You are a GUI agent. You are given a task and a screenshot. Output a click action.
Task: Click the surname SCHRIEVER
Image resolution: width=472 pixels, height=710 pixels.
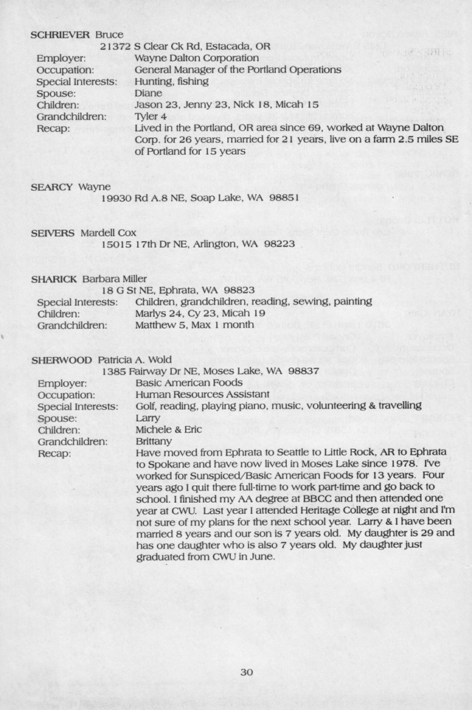(60, 35)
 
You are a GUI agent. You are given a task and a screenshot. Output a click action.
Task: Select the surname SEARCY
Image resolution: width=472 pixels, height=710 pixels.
(52, 187)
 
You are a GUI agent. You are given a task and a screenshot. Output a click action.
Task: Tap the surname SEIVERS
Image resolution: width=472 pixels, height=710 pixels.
(52, 233)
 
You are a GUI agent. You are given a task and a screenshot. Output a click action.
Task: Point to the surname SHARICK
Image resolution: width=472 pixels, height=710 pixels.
(54, 279)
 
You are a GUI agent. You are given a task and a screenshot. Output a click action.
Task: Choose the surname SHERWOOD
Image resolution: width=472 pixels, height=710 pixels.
(60, 360)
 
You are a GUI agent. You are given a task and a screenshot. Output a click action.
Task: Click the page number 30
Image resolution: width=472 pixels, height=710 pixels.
(246, 671)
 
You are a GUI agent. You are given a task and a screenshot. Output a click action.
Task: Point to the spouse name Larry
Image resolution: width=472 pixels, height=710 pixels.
(148, 417)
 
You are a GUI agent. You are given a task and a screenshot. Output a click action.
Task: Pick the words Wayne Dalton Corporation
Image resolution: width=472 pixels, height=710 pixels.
(196, 58)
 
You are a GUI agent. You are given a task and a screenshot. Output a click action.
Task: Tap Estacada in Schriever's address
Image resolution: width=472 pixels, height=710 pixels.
(225, 46)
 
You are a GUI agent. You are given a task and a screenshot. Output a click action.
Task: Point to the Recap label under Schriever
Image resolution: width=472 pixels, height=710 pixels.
(53, 129)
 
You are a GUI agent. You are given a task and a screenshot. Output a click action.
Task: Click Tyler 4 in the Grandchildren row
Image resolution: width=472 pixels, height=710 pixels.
(150, 117)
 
